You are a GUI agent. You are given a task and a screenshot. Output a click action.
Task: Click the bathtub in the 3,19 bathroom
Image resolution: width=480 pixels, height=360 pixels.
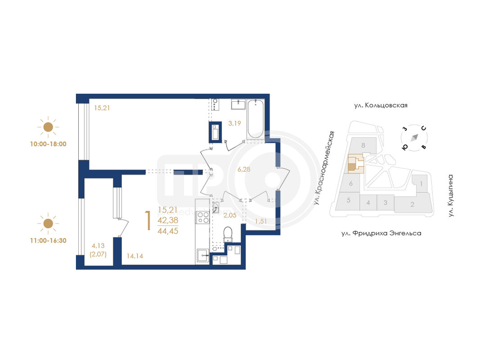click(x=256, y=119)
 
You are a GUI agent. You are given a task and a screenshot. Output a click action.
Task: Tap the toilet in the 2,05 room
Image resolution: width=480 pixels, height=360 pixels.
click(x=228, y=234)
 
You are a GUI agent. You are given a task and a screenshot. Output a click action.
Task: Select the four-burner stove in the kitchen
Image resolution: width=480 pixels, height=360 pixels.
click(x=202, y=217)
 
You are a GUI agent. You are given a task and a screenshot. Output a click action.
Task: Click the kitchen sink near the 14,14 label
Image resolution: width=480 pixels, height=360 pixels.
click(x=202, y=255)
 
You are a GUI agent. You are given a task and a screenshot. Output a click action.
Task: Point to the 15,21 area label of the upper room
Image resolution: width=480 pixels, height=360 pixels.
click(x=102, y=108)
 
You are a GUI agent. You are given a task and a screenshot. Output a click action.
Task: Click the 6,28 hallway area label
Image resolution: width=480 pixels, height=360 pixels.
click(x=244, y=169)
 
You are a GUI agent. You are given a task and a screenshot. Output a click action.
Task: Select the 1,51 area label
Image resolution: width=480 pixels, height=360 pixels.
click(x=261, y=221)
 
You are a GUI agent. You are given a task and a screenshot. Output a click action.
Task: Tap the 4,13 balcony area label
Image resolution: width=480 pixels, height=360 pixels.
click(x=98, y=246)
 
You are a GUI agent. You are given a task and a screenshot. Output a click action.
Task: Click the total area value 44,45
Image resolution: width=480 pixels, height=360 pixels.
click(x=168, y=231)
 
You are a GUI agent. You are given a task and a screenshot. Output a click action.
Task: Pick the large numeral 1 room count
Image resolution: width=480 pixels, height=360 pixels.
click(x=148, y=220)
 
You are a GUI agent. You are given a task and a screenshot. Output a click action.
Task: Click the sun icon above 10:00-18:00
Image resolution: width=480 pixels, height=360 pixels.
click(x=48, y=127)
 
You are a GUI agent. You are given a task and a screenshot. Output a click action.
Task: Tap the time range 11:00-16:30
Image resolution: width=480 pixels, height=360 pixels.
click(x=48, y=241)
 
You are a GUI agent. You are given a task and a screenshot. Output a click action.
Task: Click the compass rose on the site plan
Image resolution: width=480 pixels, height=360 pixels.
click(x=414, y=138)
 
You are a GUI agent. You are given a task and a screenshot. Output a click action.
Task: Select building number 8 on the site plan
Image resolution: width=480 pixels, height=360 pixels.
click(x=363, y=145)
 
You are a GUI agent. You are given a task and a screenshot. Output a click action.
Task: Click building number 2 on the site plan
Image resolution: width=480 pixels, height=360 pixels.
click(x=413, y=204)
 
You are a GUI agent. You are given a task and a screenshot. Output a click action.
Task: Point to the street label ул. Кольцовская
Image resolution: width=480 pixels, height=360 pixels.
click(x=381, y=105)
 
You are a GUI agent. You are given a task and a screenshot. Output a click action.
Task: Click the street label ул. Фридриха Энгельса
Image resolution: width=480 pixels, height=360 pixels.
click(x=381, y=233)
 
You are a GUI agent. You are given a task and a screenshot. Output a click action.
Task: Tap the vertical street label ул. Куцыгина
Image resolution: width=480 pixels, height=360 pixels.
click(x=451, y=196)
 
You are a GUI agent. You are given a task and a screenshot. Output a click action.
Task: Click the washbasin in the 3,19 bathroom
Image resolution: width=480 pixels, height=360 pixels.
click(x=238, y=104)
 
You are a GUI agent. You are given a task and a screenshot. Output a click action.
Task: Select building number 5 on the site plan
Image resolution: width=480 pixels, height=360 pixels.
click(x=348, y=201)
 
